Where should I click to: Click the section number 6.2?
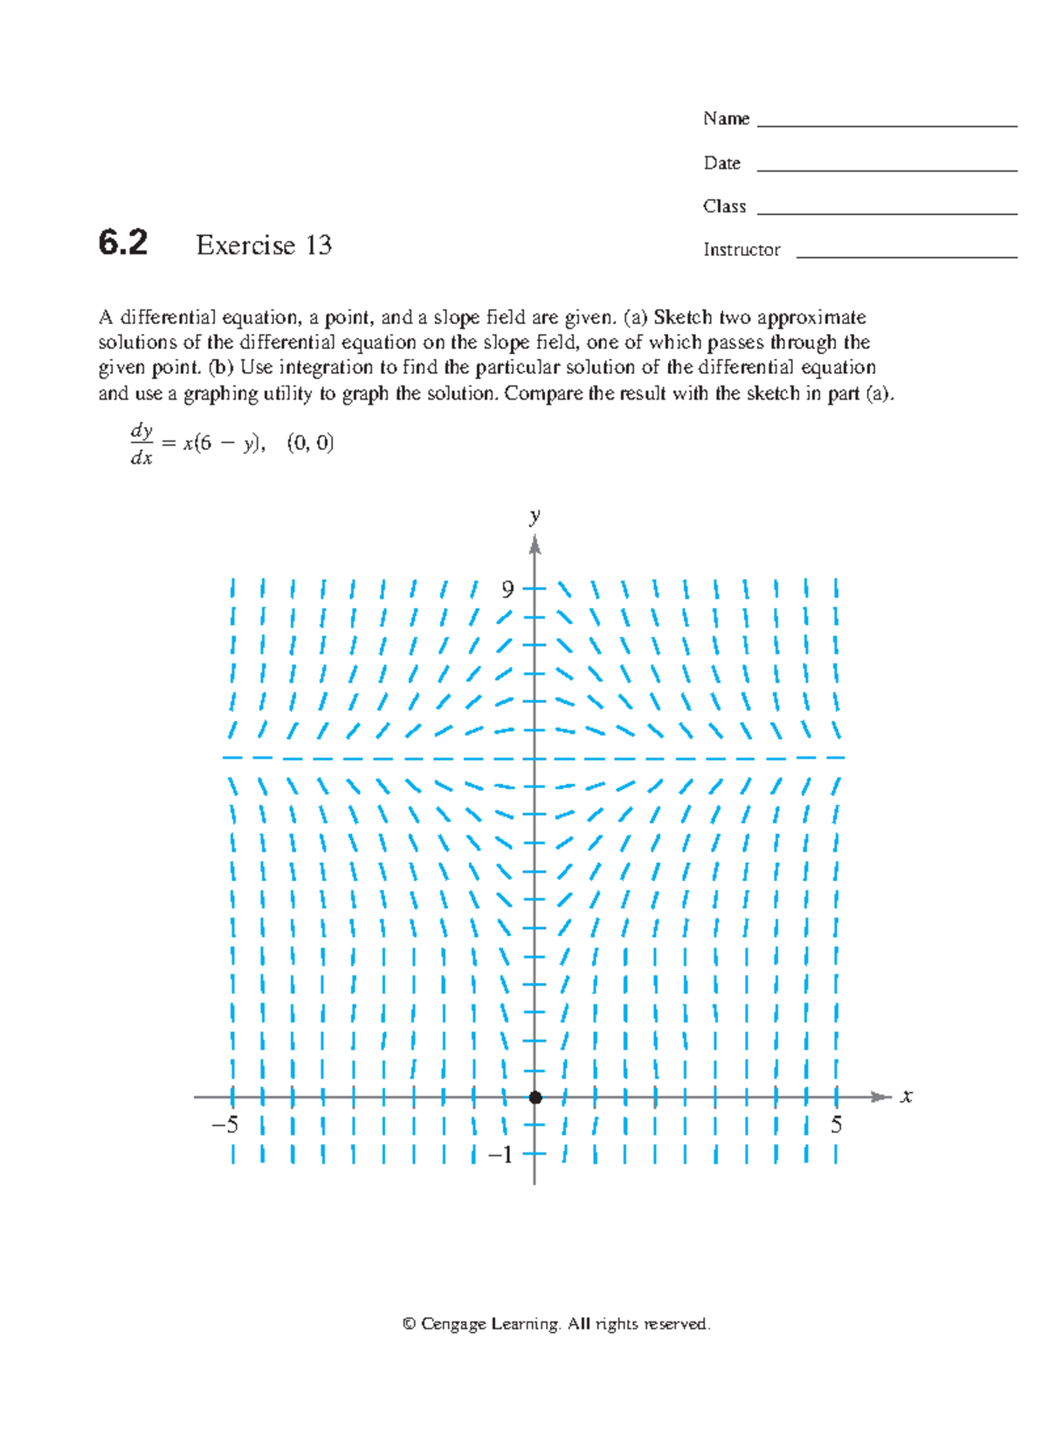click(x=122, y=243)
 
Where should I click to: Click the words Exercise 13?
click(x=264, y=246)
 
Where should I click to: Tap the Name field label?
click(x=726, y=119)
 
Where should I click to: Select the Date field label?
click(x=721, y=163)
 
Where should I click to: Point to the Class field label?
click(x=724, y=207)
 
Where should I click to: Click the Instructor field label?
click(x=741, y=250)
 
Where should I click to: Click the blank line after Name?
click(x=886, y=127)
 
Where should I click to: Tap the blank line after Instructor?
click(x=907, y=257)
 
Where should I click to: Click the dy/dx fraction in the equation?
click(x=141, y=444)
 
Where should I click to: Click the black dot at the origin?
click(x=535, y=1097)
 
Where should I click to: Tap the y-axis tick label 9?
click(x=507, y=590)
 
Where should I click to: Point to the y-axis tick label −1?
click(x=500, y=1155)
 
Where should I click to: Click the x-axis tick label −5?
click(x=225, y=1125)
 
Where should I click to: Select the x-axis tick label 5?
click(x=836, y=1125)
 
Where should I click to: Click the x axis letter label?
click(x=907, y=1096)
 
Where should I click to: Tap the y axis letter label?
click(x=534, y=516)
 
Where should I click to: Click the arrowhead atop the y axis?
click(x=534, y=545)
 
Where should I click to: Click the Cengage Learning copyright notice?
click(x=556, y=1324)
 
